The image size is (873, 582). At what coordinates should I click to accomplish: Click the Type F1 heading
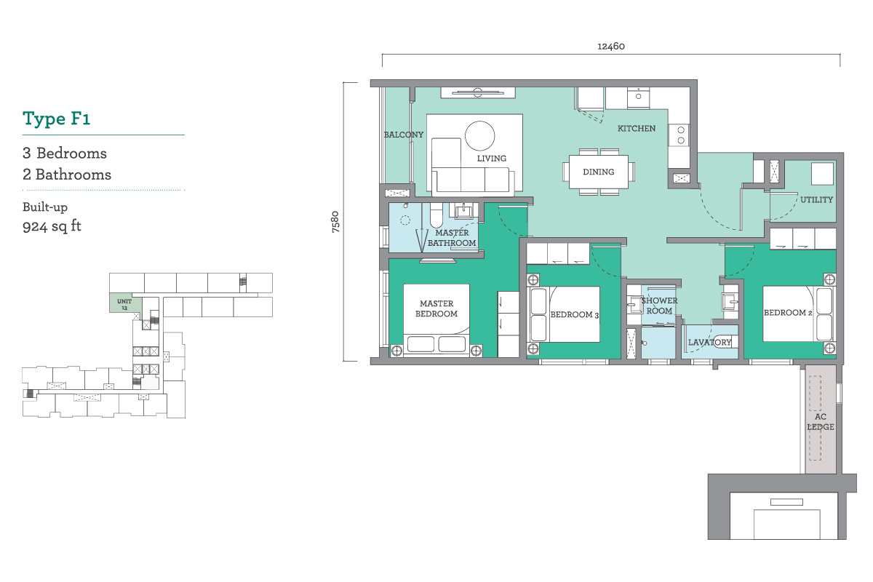57,119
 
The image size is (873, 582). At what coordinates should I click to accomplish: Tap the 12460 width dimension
610,47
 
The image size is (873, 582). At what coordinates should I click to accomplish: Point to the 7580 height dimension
335,222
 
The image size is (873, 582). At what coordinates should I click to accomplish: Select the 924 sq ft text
52,226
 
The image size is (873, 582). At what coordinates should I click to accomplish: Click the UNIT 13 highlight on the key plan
124,303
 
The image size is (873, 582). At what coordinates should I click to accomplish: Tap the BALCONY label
403,135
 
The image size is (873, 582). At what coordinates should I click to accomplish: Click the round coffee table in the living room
479,135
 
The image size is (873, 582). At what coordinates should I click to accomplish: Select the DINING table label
598,172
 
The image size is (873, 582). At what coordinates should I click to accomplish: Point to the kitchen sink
638,97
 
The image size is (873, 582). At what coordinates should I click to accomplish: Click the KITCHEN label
637,128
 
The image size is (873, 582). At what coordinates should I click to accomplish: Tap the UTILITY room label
816,199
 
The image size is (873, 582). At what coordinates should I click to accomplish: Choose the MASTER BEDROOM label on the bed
436,308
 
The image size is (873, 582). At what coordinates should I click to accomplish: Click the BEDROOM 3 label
575,314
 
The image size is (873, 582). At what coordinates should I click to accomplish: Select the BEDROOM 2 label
788,313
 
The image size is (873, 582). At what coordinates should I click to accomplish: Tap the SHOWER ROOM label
659,306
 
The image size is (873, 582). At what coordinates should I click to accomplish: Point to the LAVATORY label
709,342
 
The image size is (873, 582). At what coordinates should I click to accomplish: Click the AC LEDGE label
821,422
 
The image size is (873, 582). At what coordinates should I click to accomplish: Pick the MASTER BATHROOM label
452,238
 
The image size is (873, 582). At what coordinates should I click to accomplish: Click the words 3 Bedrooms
65,154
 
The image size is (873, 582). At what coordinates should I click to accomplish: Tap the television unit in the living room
478,92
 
